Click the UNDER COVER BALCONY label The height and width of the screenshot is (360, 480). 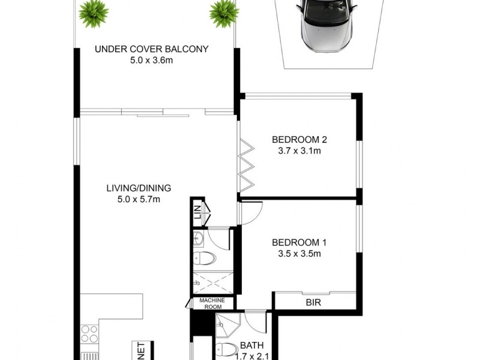click(x=151, y=49)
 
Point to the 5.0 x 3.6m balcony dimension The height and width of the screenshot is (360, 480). click(x=151, y=60)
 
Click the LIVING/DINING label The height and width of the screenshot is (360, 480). click(x=139, y=187)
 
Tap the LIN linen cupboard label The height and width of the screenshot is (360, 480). click(x=197, y=212)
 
